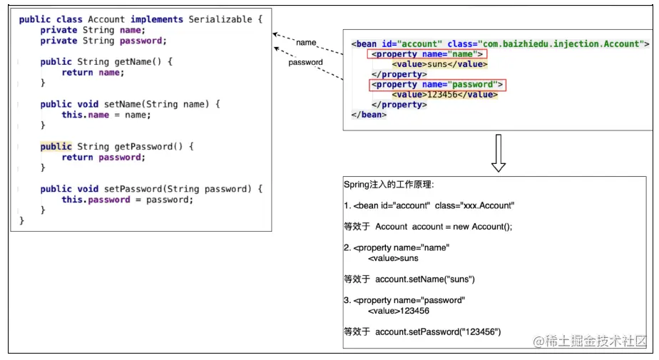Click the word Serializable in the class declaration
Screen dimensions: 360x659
[222, 19]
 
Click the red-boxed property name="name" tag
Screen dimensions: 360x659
[426, 54]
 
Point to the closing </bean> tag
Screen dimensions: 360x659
[369, 115]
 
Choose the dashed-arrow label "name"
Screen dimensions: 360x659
[306, 43]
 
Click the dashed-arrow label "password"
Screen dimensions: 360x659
[305, 63]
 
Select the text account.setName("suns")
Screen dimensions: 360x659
[424, 279]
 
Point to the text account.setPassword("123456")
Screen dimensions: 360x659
[438, 331]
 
